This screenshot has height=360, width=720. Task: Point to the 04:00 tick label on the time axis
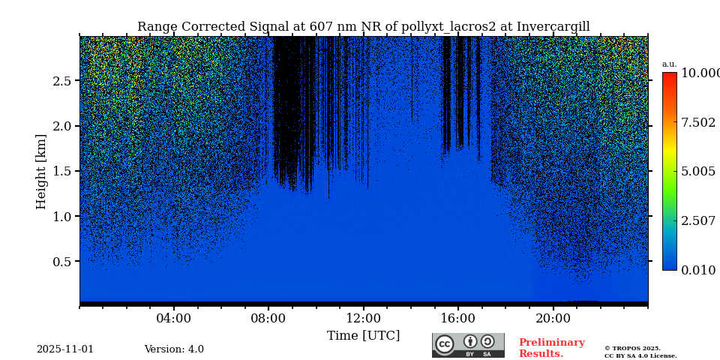[174, 319]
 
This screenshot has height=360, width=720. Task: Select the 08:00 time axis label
[268, 319]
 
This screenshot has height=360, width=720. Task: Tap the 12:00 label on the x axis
[363, 319]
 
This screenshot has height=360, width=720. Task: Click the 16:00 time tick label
[457, 319]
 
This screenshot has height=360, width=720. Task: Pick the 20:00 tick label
[553, 319]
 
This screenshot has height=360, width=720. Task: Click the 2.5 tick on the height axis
[62, 81]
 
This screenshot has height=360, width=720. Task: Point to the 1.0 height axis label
[62, 217]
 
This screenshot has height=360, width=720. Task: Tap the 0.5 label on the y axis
[62, 262]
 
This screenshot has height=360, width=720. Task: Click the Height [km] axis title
[41, 171]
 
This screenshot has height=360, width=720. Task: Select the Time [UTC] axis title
[363, 336]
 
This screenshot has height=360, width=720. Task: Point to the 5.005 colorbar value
[698, 172]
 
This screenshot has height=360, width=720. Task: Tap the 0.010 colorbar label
[698, 271]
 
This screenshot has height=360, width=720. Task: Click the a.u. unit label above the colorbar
[669, 64]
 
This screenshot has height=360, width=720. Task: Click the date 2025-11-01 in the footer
[65, 349]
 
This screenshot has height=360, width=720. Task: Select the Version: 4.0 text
[174, 349]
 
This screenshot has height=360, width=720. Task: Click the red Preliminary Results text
[551, 348]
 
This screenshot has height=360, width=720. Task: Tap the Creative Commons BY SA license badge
[468, 345]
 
